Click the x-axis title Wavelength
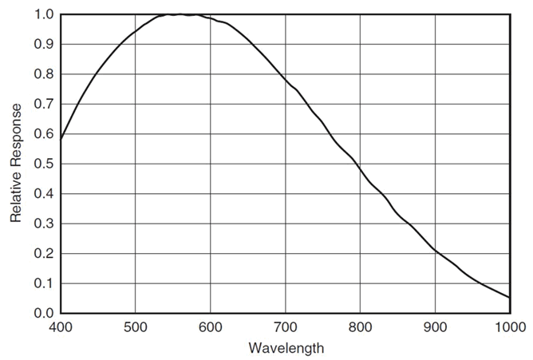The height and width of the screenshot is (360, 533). (x=286, y=348)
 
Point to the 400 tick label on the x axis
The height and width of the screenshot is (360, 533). (x=60, y=326)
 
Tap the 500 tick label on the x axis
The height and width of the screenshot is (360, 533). (x=135, y=326)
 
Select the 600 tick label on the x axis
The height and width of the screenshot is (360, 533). (x=210, y=326)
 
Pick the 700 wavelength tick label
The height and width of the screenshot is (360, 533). (x=285, y=326)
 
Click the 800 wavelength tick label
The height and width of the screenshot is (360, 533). (x=360, y=326)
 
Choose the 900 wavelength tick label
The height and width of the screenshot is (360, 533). (x=435, y=326)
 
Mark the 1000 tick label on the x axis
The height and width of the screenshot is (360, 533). (x=508, y=326)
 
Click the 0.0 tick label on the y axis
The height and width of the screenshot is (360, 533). (x=44, y=313)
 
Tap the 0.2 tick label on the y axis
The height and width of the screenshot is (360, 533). (x=44, y=253)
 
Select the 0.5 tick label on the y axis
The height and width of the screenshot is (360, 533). (x=44, y=164)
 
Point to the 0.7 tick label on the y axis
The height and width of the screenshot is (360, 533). (x=44, y=104)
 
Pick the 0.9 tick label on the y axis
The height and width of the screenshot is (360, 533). (x=44, y=44)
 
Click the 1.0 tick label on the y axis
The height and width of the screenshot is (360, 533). (x=44, y=14)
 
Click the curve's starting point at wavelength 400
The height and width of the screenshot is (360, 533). (x=61, y=139)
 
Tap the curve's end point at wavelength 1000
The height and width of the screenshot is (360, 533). (x=509, y=298)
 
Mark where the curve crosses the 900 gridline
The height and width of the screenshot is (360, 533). (x=435, y=250)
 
